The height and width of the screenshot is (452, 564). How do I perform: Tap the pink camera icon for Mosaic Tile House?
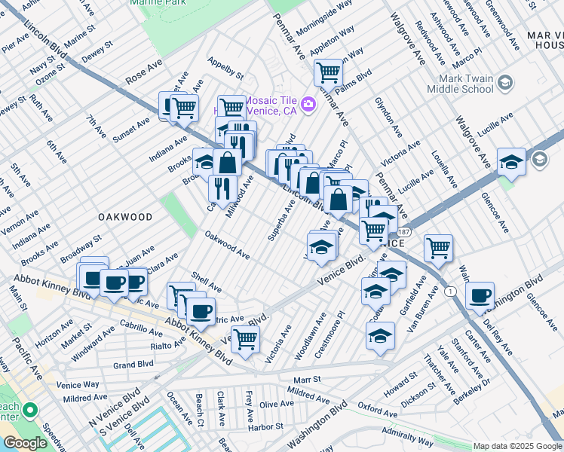[308, 103]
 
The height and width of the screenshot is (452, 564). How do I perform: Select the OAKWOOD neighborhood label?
[124, 216]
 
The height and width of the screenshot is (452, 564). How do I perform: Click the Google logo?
[25, 443]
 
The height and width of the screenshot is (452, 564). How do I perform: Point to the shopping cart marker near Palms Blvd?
[329, 73]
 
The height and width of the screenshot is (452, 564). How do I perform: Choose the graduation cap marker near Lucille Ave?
[511, 162]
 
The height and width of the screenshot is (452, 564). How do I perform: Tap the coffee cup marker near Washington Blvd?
[480, 296]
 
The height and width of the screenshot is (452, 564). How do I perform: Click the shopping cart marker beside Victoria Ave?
[245, 339]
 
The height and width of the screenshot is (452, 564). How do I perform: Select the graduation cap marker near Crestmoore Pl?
[381, 335]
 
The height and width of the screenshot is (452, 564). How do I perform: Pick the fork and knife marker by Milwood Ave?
[222, 188]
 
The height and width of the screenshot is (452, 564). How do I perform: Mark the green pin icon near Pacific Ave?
[30, 411]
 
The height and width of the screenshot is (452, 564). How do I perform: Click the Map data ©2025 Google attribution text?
[517, 446]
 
